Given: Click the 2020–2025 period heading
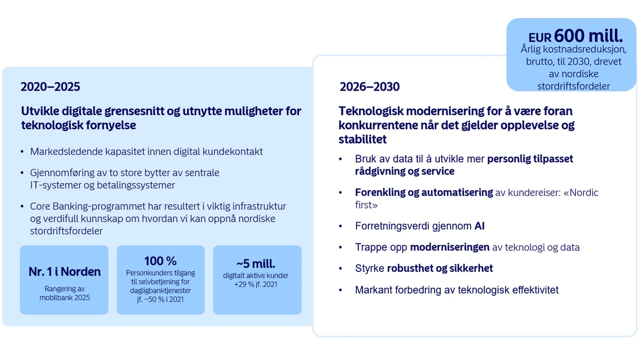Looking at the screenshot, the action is click(50, 87).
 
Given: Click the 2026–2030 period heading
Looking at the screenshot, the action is click(369, 87).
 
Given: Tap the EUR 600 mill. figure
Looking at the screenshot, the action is click(576, 36).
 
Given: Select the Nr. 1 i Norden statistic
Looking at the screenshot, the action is click(64, 271).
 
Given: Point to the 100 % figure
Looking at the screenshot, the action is click(160, 261).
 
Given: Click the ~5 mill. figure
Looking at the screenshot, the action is click(256, 263).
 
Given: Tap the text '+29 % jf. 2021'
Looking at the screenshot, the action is click(256, 285).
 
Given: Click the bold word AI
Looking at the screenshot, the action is click(480, 226).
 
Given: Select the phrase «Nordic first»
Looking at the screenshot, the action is click(477, 198).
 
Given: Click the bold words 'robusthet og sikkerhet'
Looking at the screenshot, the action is click(440, 268).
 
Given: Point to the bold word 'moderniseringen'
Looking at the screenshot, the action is click(449, 247).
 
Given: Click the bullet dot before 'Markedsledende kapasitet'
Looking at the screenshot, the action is click(22, 151).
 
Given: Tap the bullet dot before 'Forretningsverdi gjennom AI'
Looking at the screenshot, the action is click(340, 226).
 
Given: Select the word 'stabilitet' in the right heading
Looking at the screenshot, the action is click(362, 139).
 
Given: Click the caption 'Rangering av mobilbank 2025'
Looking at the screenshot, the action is click(64, 293).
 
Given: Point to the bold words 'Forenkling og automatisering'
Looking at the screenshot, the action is click(424, 193).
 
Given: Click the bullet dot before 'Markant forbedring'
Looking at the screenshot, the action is click(340, 290).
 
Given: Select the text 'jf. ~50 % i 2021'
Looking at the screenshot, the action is click(160, 299).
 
